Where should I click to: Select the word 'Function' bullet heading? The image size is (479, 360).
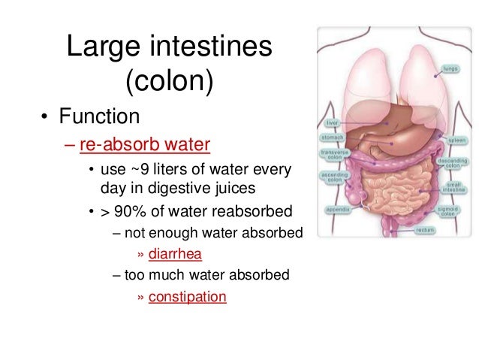point(101,117)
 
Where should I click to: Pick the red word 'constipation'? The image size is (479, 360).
point(187,296)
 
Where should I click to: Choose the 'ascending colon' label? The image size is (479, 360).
point(331,178)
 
